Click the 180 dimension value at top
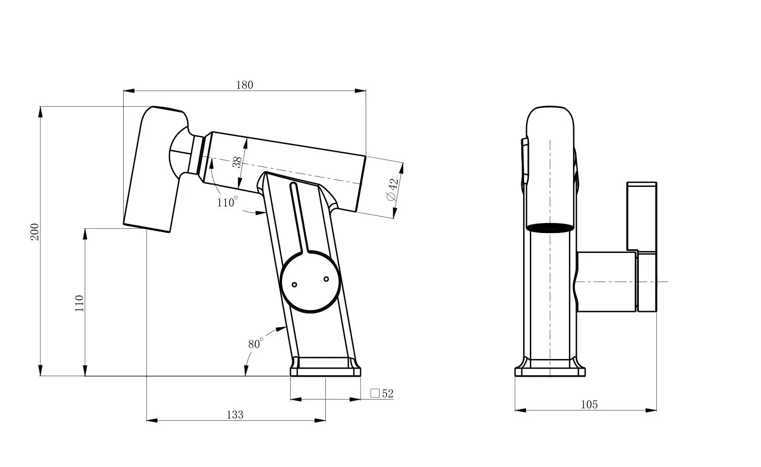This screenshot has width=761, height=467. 244,85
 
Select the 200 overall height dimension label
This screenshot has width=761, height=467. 35,232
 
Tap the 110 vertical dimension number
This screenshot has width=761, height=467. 79,303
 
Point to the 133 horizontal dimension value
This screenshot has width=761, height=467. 235,415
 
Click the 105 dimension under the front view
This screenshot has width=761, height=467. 589,405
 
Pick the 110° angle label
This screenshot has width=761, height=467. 227,202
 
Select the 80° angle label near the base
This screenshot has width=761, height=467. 255,343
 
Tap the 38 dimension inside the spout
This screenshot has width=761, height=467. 237,162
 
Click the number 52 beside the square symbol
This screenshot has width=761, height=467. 388,394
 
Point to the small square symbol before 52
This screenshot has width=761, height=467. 375,393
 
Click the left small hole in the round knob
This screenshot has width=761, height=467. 294,284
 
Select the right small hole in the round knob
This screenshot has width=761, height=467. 326,279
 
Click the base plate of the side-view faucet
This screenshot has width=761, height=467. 325,367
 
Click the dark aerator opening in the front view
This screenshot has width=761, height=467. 550,228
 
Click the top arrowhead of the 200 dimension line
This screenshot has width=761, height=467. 40,112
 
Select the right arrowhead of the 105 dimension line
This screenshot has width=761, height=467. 651,410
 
